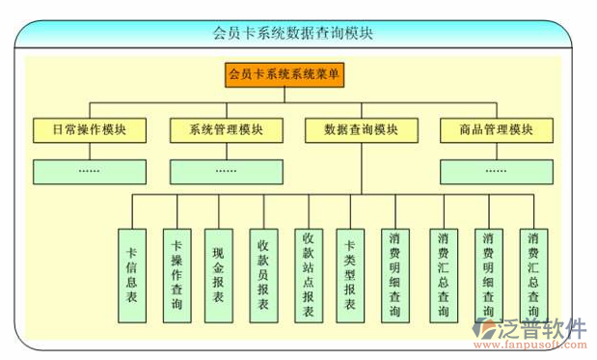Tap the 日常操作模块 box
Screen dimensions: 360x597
89,129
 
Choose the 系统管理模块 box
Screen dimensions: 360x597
227,129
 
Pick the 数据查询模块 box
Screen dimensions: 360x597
362,129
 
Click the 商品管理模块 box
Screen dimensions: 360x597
496,129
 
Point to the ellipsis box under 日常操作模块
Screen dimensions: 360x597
89,171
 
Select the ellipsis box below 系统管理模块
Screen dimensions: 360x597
227,171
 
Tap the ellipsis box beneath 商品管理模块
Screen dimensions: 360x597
496,171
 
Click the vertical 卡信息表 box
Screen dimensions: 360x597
131,275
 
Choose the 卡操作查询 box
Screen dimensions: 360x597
176,275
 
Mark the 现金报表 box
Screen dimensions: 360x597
219,275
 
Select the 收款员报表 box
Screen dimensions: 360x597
262,275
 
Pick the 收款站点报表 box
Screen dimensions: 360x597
308,275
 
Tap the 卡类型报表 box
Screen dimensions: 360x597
350,275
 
